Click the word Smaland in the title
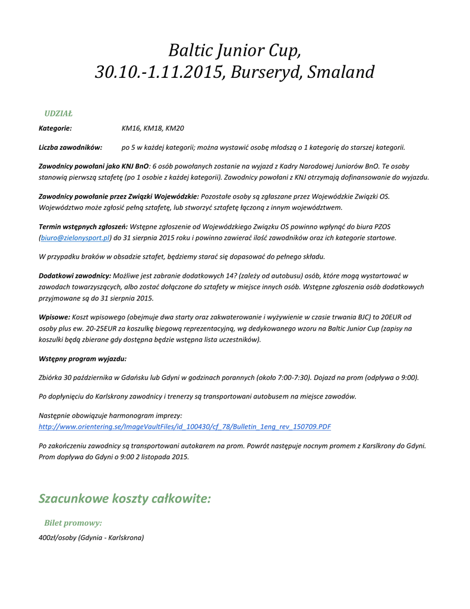[342, 73]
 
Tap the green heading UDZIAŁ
[58, 113]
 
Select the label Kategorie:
[55, 128]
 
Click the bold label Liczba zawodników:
[70, 147]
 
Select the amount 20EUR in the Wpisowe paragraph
[392, 317]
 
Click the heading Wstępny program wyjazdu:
[83, 359]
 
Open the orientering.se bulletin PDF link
[185, 426]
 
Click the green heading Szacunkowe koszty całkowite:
[125, 498]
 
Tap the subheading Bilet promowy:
[73, 523]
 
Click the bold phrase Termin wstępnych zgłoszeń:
[83, 227]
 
